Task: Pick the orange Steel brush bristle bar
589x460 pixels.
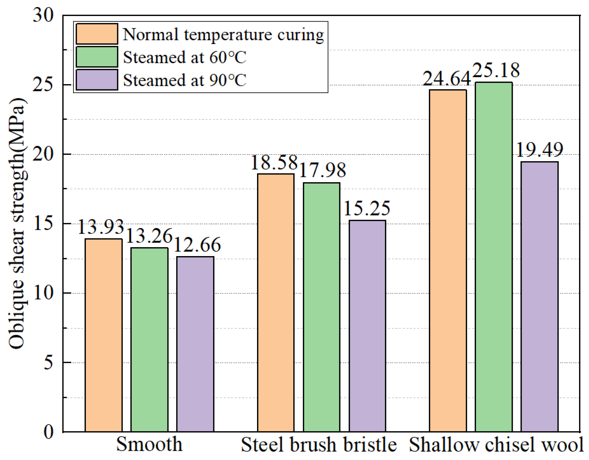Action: coord(276,303)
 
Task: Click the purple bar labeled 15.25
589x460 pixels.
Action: coord(367,326)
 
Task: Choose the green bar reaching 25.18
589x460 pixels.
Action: coord(493,257)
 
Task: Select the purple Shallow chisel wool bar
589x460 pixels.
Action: coord(539,297)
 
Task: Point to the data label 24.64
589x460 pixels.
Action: coord(447,79)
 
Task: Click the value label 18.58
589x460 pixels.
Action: coord(274,163)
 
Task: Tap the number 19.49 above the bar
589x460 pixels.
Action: coord(539,150)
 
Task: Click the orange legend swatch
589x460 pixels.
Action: coord(97,34)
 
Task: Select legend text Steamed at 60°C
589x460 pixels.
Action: coord(184,57)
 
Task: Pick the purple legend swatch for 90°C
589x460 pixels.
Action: coord(97,80)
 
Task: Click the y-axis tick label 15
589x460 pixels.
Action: coord(43,223)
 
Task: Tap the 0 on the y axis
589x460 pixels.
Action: coord(48,432)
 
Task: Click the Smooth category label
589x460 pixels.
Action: coord(149,444)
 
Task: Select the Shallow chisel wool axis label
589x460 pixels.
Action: coord(496,445)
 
